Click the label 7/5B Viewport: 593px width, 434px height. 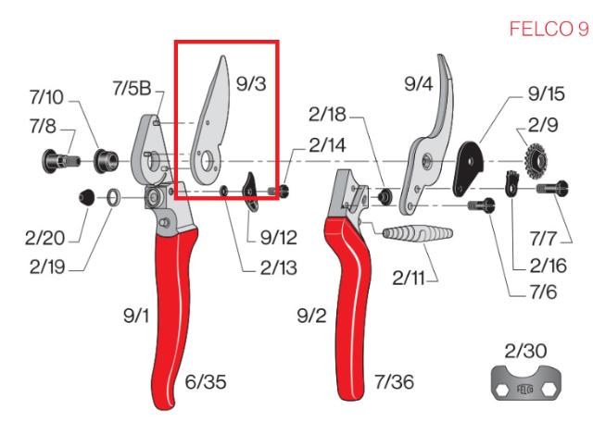tap(132, 88)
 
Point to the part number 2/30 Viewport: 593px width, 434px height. tap(524, 350)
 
